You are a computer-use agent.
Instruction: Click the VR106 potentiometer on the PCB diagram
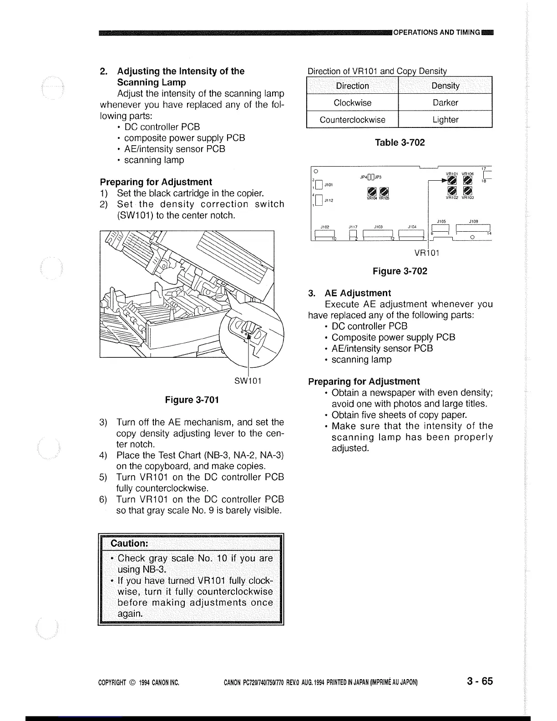[x=468, y=181]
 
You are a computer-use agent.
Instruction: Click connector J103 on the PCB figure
[x=378, y=234]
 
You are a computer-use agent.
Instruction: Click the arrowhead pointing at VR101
[x=443, y=181]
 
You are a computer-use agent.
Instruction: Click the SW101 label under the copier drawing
[x=248, y=381]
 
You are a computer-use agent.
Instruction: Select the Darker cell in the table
[x=445, y=102]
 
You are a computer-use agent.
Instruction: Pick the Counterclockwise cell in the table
[x=352, y=120]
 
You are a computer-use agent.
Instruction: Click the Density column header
[x=445, y=86]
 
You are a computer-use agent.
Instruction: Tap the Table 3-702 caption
[x=400, y=142]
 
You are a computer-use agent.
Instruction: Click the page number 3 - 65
[x=479, y=681]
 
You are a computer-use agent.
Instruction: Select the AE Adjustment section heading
[x=357, y=293]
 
